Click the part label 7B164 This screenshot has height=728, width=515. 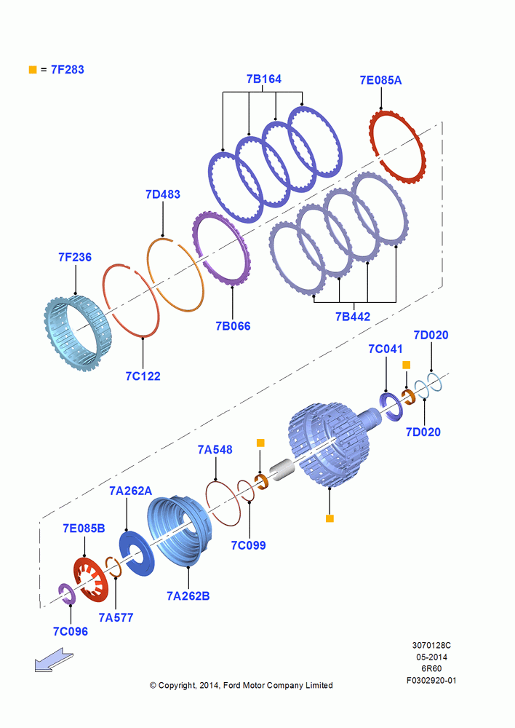[x=263, y=79]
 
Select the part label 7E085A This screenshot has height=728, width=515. [x=380, y=80]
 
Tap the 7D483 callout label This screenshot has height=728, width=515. [x=163, y=194]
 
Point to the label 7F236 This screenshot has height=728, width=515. [x=75, y=257]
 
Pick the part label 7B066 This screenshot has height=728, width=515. [x=233, y=326]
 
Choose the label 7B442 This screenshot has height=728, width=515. [x=353, y=317]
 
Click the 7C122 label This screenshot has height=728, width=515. [x=143, y=376]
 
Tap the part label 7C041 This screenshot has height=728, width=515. [x=386, y=349]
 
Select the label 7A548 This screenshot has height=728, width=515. [x=215, y=449]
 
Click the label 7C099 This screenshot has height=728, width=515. [x=249, y=545]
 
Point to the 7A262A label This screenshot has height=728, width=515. [x=130, y=491]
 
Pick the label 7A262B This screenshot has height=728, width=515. [x=188, y=596]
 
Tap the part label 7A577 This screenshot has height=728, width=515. [x=116, y=617]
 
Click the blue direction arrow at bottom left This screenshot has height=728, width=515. [x=54, y=661]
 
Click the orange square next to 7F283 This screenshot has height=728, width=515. [x=33, y=70]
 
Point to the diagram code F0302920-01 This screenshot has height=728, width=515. [x=431, y=680]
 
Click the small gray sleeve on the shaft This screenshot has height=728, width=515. [x=282, y=470]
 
